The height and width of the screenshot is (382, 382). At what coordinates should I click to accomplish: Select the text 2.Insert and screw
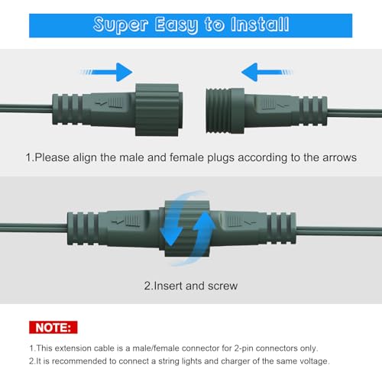[x=190, y=286]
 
